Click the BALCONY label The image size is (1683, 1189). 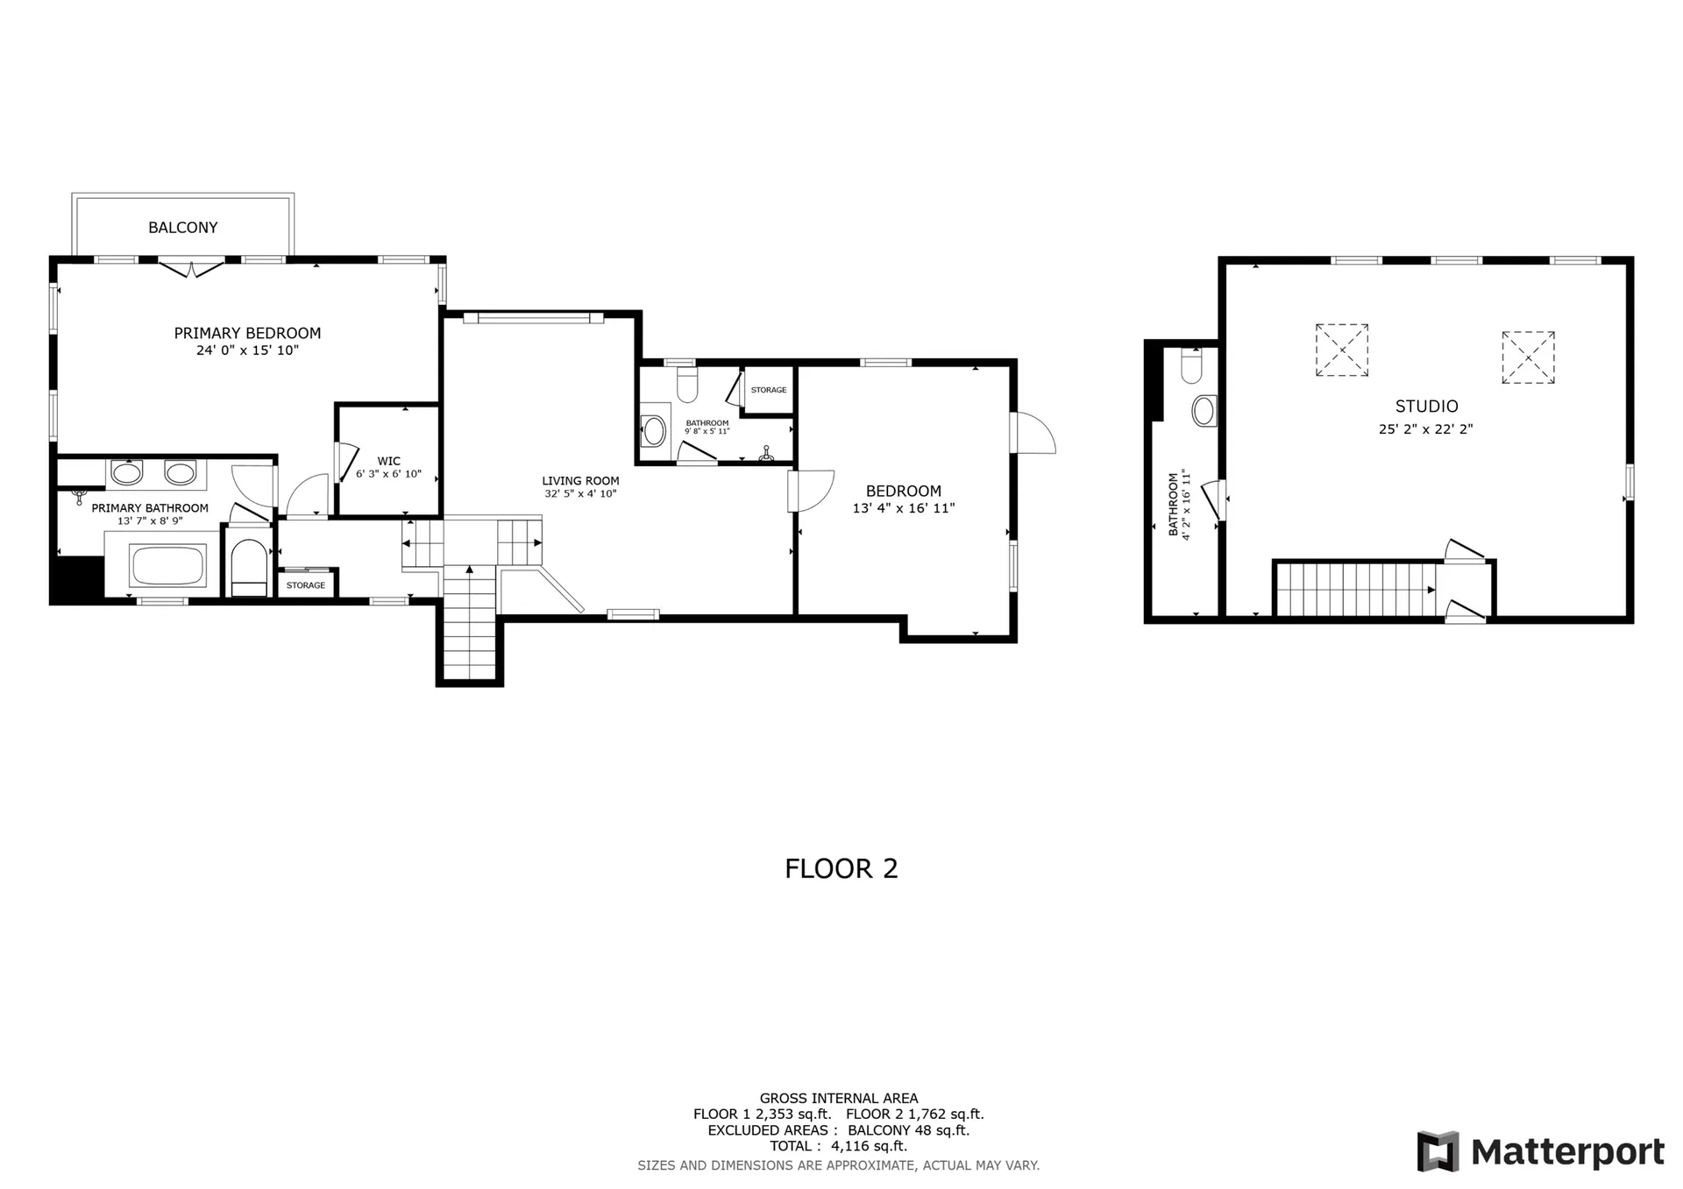(182, 228)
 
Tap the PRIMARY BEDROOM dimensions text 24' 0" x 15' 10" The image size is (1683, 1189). (247, 350)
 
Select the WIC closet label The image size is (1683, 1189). (388, 461)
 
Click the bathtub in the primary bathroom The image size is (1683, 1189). (167, 566)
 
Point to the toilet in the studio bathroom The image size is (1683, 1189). (1191, 366)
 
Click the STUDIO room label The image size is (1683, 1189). (1426, 407)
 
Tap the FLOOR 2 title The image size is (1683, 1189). (841, 868)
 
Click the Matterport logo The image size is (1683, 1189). (1540, 1151)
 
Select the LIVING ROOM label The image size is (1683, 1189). (580, 481)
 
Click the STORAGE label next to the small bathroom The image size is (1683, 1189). (769, 390)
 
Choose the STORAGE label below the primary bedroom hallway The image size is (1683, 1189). (306, 585)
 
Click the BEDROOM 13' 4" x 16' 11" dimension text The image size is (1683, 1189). (903, 508)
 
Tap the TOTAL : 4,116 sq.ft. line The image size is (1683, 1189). (838, 1146)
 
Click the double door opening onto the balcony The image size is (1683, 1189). (191, 267)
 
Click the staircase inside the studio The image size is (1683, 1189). (1354, 590)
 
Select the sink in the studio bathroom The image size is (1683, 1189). (1204, 410)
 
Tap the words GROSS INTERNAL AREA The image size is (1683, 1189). (838, 1098)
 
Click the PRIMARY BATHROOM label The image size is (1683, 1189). (150, 508)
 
